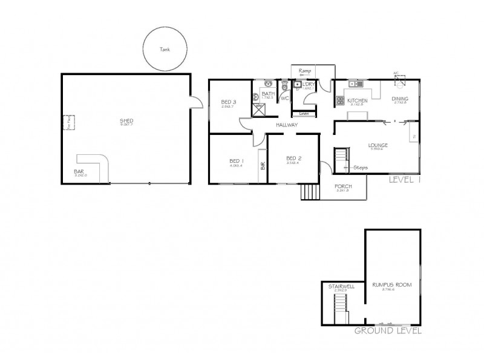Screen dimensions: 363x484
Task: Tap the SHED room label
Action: (x=126, y=121)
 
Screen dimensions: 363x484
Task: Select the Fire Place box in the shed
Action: (x=70, y=123)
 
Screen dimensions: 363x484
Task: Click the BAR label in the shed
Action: (x=80, y=171)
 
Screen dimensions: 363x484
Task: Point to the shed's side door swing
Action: (x=195, y=103)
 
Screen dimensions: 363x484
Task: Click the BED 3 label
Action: (x=227, y=102)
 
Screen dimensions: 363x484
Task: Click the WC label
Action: (x=284, y=98)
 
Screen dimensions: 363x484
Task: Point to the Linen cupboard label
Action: (x=304, y=113)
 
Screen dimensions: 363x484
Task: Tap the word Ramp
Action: (x=304, y=71)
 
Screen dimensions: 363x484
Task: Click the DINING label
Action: (x=399, y=99)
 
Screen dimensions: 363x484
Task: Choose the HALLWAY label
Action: (x=287, y=125)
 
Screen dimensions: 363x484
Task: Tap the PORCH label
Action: (x=343, y=186)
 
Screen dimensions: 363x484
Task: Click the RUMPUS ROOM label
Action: (x=388, y=284)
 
